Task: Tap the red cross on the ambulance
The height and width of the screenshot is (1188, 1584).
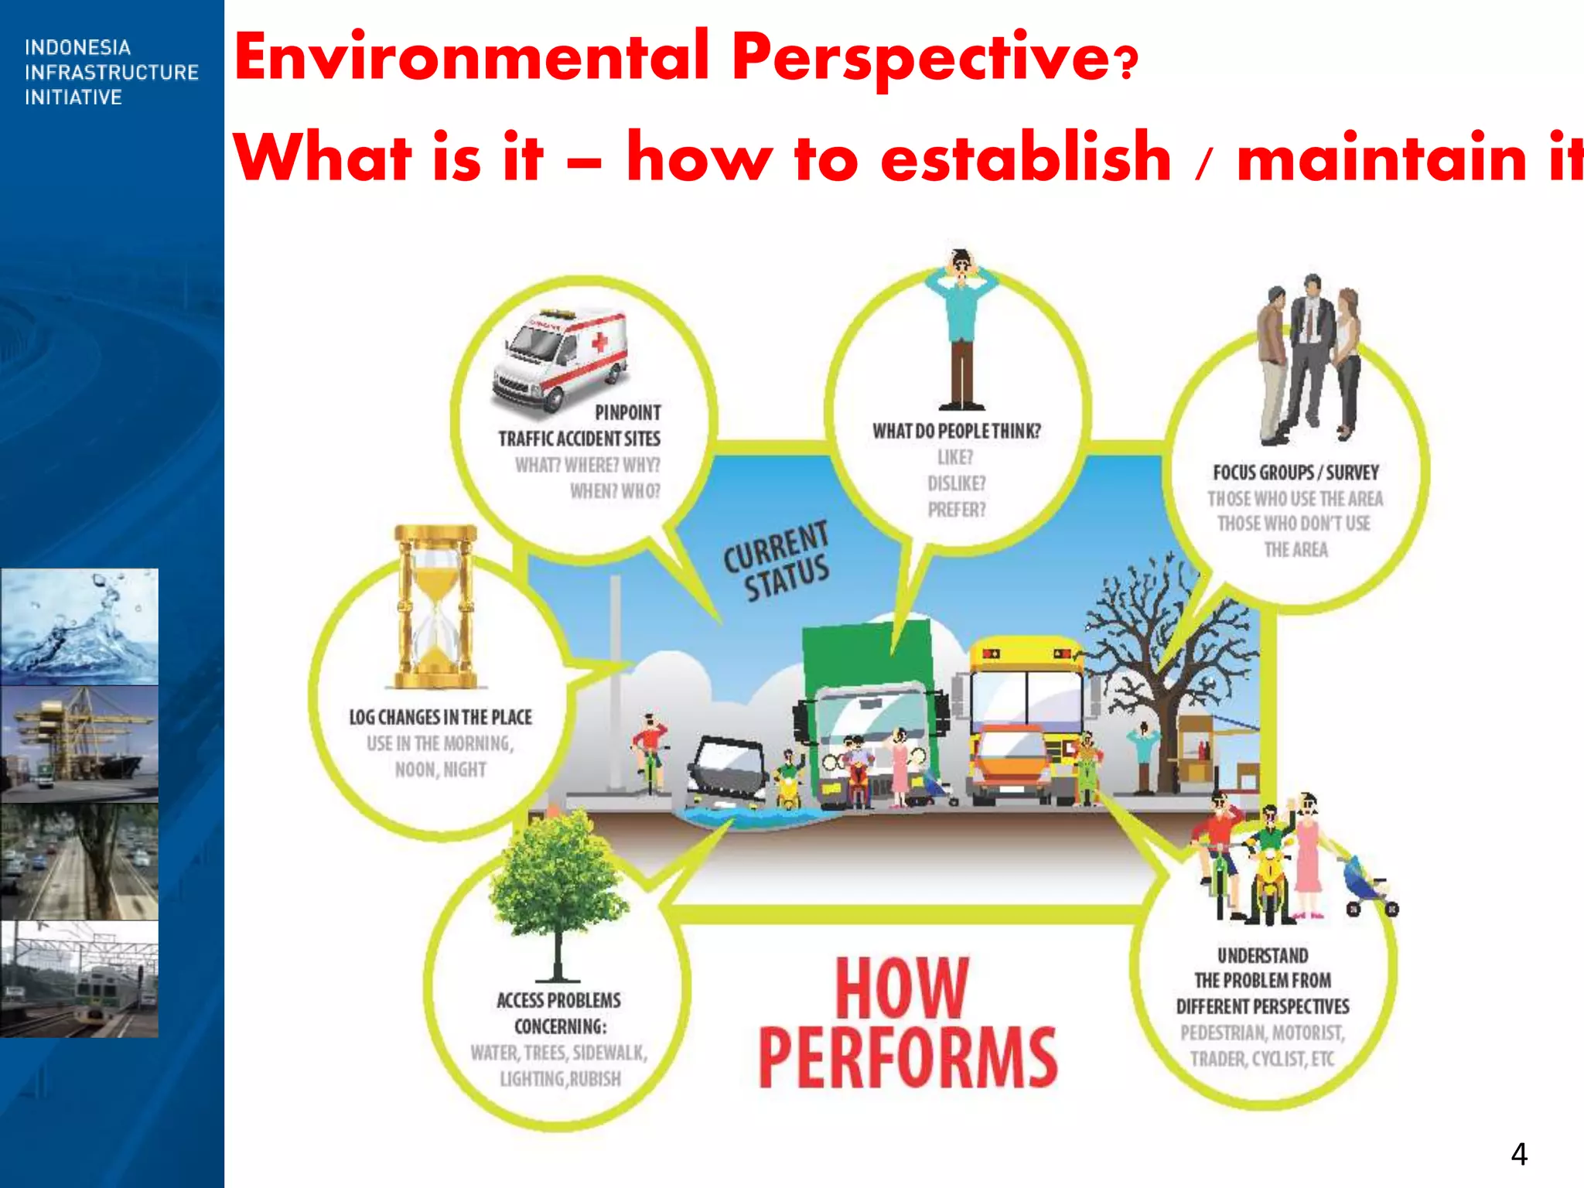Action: pyautogui.click(x=599, y=342)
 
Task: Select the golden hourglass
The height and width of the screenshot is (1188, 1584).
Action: pyautogui.click(x=436, y=607)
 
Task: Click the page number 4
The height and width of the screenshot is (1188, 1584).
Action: pyautogui.click(x=1518, y=1154)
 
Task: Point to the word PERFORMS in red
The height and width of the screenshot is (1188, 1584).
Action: pyautogui.click(x=907, y=1057)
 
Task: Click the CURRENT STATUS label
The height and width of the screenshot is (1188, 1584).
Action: pyautogui.click(x=778, y=560)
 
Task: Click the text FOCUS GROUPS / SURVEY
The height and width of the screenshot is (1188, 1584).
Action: pyautogui.click(x=1296, y=472)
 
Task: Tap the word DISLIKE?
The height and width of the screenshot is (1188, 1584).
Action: pyautogui.click(x=957, y=483)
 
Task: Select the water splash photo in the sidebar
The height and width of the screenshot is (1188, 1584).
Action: pyautogui.click(x=79, y=626)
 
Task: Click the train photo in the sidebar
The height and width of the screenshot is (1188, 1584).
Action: pyautogui.click(x=79, y=978)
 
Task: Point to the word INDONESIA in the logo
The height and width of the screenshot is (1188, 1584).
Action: pyautogui.click(x=77, y=48)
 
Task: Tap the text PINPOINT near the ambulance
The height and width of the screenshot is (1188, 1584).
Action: pyautogui.click(x=627, y=412)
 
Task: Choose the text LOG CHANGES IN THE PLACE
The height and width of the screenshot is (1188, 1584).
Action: pyautogui.click(x=440, y=717)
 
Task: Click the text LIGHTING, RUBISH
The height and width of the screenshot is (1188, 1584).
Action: pyautogui.click(x=560, y=1078)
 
